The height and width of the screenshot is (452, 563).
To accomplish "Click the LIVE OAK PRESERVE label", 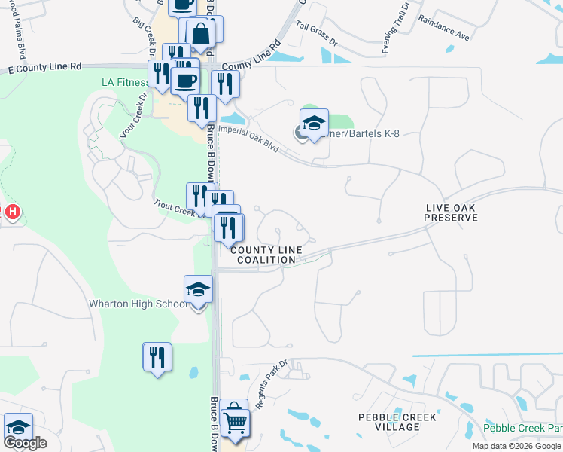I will point(451,212).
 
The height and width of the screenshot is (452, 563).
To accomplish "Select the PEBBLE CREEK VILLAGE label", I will point(389,422).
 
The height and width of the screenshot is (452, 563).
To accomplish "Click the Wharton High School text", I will point(138,304).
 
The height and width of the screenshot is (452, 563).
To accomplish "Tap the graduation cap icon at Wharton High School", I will point(199,289).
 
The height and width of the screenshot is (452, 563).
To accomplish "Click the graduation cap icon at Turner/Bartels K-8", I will point(314,123).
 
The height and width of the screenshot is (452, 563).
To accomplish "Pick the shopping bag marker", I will point(201,33).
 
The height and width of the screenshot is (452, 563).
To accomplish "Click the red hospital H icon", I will point(12,213).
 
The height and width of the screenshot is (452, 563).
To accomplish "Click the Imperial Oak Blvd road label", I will point(248,139).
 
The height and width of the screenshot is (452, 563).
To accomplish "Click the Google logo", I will point(24,443).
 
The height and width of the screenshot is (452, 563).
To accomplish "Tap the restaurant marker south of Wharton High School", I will point(157,357).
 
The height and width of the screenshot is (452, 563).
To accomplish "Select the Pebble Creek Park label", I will point(522,428).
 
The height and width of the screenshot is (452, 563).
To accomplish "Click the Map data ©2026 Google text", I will point(517,446).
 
